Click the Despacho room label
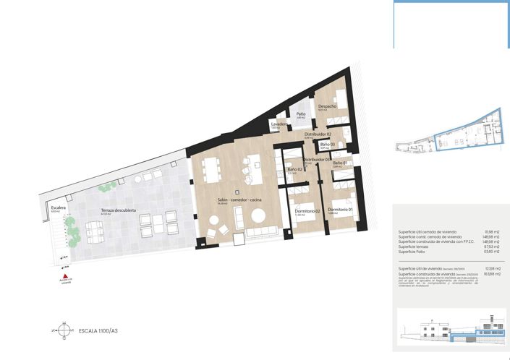coord(328,106)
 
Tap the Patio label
coord(300,114)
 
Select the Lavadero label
coord(280,124)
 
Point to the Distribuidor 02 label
coord(318,134)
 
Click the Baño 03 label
coord(328,145)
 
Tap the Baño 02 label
coord(294,170)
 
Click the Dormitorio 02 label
coord(307,211)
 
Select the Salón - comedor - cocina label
coord(239,199)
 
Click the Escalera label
coord(59,207)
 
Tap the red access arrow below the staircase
coord(65,276)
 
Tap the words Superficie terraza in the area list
coord(415,247)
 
